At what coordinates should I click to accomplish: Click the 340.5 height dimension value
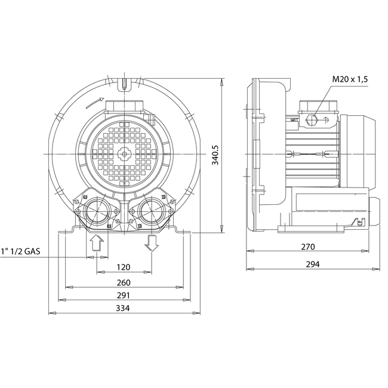215,155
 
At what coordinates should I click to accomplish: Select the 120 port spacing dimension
124,267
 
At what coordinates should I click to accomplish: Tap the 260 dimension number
124,282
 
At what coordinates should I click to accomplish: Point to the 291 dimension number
124,295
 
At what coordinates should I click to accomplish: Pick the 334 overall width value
123,309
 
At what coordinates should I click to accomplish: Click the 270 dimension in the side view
308,247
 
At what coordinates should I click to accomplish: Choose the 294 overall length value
313,264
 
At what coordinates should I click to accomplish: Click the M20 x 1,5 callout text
350,79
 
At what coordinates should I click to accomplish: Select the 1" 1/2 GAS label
20,251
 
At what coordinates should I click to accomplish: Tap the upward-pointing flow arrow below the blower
97,243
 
